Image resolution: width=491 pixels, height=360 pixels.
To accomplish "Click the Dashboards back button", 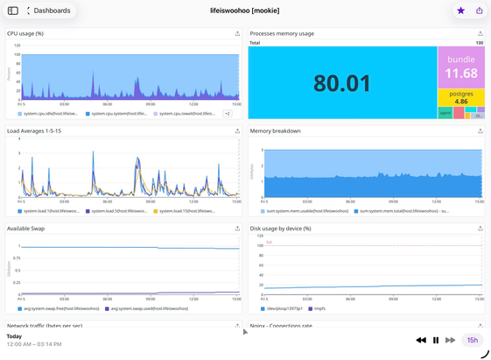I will [49, 11].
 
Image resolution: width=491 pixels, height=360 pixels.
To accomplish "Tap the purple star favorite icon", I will [460, 11].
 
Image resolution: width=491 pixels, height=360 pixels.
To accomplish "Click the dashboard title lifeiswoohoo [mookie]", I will [244, 11].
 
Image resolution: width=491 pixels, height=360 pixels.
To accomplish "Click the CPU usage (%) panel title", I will [25, 33].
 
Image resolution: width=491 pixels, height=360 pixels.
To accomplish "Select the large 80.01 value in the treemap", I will [342, 82].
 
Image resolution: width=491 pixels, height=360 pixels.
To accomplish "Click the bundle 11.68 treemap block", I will [461, 67].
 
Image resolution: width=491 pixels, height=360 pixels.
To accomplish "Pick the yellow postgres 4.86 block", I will [461, 97].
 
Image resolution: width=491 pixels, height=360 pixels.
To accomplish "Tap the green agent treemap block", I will [445, 113].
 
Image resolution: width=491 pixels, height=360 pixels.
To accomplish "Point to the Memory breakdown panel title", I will [275, 131].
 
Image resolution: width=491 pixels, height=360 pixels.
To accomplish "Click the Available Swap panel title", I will [25, 229].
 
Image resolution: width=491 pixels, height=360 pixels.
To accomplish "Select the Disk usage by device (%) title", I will [280, 229].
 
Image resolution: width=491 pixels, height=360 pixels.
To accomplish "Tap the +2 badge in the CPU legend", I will [227, 113].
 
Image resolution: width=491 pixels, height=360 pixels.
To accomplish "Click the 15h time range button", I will [472, 340].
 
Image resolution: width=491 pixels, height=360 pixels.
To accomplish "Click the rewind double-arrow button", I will [421, 340].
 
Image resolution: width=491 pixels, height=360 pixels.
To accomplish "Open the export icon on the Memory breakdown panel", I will [480, 131].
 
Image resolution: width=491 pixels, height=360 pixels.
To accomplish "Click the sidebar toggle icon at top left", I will [12, 11].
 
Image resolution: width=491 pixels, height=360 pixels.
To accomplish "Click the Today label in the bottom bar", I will [14, 336].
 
